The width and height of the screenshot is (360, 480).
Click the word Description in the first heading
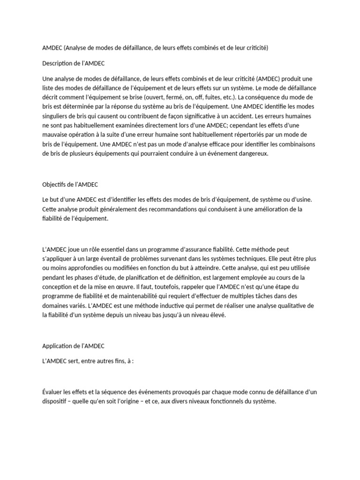click(58, 63)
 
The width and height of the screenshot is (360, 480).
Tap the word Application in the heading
click(58, 346)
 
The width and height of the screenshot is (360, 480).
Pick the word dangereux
click(252, 153)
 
